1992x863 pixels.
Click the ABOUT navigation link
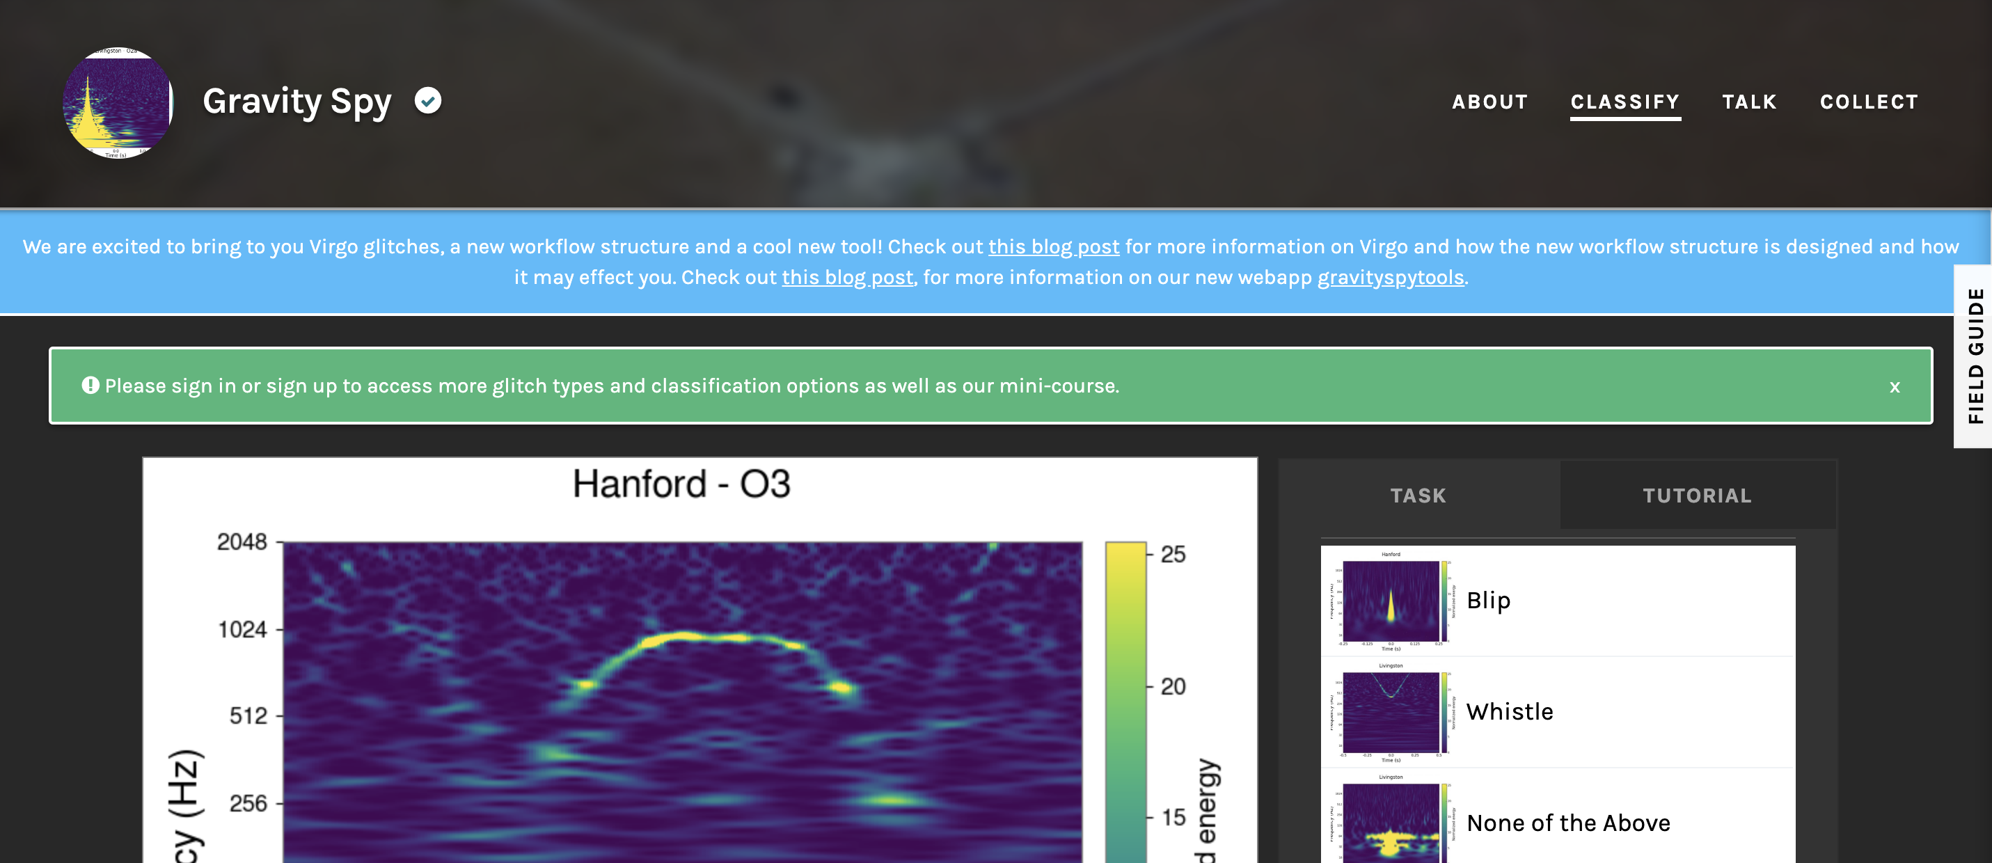point(1489,102)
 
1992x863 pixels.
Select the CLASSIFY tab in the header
point(1625,102)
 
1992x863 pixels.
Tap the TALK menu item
point(1749,102)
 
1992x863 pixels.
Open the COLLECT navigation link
point(1868,102)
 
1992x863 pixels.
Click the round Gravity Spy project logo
point(118,103)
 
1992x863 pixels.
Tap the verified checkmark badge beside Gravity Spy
point(427,100)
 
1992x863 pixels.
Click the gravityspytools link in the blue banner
point(1391,278)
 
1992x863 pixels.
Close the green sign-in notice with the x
point(1895,387)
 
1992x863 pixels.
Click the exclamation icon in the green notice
point(90,385)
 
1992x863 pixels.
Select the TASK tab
point(1418,496)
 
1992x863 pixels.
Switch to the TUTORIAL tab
point(1697,496)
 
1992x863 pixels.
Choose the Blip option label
point(1488,601)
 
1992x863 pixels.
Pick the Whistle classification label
point(1510,712)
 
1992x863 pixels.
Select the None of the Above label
point(1568,823)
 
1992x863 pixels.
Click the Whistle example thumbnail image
point(1391,712)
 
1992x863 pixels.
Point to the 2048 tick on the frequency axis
point(242,542)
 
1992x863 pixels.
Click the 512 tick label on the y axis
point(248,716)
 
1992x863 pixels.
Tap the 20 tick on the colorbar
point(1173,687)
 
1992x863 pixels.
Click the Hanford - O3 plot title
point(681,485)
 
